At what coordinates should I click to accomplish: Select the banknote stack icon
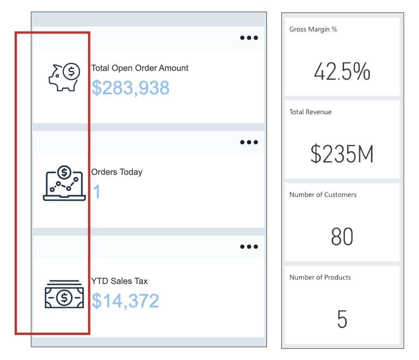click(64, 294)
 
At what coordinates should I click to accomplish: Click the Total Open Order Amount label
click(140, 68)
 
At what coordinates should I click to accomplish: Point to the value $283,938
click(130, 88)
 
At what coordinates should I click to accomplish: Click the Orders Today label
click(117, 172)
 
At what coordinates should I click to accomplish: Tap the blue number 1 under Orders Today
click(96, 192)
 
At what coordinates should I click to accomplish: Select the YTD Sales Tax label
click(119, 281)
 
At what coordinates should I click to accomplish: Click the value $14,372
click(125, 301)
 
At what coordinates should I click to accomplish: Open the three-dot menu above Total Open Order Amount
click(249, 38)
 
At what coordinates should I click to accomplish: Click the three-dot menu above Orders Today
click(249, 142)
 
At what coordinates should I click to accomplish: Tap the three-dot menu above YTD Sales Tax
click(249, 247)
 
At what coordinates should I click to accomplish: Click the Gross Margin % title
click(313, 29)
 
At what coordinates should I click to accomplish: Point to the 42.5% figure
click(342, 72)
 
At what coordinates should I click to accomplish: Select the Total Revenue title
click(310, 112)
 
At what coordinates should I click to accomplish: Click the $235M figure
click(342, 154)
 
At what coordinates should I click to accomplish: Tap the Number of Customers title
click(323, 195)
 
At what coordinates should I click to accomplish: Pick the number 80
click(342, 237)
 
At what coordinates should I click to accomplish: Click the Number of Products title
click(320, 277)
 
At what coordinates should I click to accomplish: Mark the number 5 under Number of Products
click(342, 319)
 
